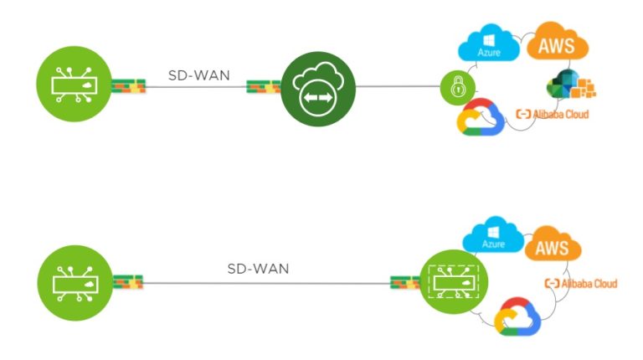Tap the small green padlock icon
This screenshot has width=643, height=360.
click(458, 86)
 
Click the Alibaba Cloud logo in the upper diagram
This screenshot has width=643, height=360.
click(553, 114)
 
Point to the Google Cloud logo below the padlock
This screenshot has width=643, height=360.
click(477, 119)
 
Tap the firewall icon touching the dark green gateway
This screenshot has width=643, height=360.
click(263, 86)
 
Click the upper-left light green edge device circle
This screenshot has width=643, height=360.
click(75, 86)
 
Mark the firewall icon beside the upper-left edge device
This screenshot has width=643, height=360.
click(129, 86)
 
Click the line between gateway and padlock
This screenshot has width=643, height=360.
click(399, 86)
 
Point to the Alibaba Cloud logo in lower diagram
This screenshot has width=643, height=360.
click(580, 284)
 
